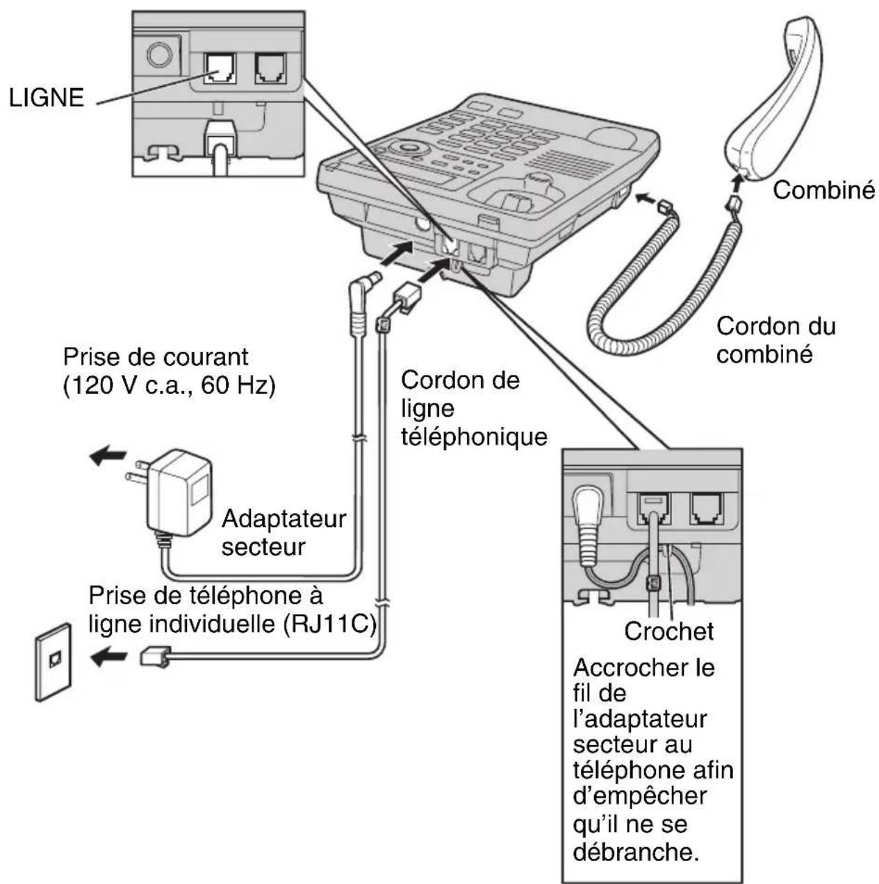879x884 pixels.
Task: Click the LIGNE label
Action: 46,97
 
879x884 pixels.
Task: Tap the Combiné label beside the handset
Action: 823,190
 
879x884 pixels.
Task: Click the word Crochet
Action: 668,631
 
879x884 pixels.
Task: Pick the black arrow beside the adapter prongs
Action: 108,456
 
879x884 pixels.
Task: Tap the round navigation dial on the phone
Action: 407,148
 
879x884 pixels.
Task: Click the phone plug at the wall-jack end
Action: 154,656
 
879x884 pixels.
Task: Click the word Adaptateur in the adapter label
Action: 284,519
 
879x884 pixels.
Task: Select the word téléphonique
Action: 474,437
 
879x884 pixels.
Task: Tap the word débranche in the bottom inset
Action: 634,851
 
